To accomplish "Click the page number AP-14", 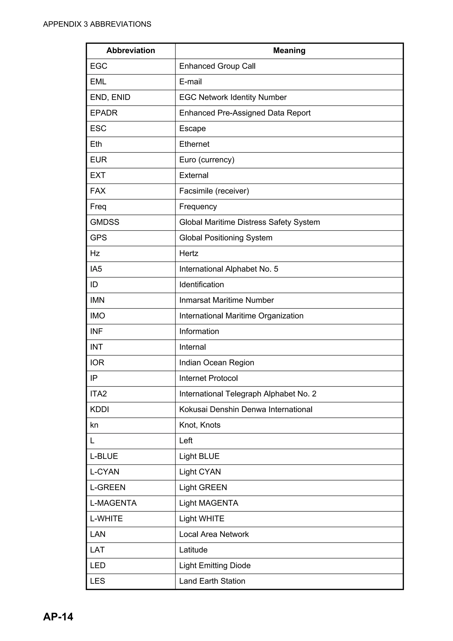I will (x=58, y=616).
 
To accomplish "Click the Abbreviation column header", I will (x=131, y=50).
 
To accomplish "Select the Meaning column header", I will (x=289, y=50).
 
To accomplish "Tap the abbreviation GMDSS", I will (x=105, y=222).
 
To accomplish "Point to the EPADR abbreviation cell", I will (x=104, y=113).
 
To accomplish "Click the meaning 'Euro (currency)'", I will (x=207, y=160).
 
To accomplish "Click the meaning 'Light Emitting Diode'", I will (x=215, y=566).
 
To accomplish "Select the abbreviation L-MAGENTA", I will (x=113, y=503).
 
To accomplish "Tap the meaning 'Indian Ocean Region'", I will (x=217, y=363).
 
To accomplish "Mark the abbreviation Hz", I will (x=95, y=253).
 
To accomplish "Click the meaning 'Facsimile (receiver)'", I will (x=214, y=191).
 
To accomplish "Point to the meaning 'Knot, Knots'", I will (x=200, y=425).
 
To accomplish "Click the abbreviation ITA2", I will (x=98, y=394).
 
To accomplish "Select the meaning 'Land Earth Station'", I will (x=212, y=581).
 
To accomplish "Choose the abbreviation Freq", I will (x=98, y=207).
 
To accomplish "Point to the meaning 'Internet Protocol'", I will (x=209, y=378).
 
